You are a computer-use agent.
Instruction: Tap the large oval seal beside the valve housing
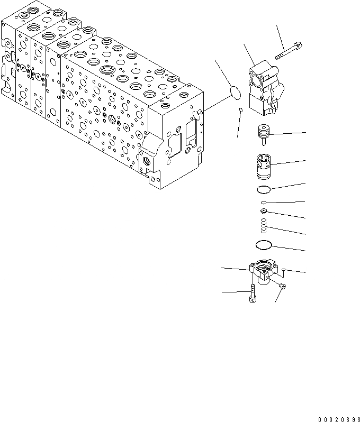[x=236, y=93]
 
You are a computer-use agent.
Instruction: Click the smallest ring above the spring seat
[x=263, y=203]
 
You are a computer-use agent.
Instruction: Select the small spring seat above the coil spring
[x=263, y=213]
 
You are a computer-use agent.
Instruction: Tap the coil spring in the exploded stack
[x=263, y=228]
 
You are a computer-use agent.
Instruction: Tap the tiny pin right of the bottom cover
[x=285, y=270]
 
